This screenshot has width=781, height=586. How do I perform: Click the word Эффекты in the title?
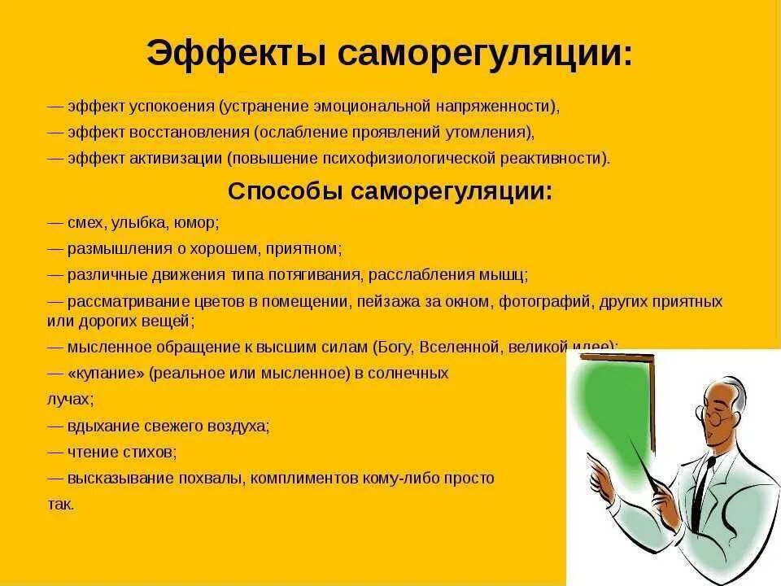click(x=237, y=52)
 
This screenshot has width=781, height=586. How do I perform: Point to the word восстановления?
click(x=190, y=133)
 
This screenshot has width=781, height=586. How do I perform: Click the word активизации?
click(x=176, y=159)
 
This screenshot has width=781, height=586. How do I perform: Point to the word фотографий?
click(x=547, y=302)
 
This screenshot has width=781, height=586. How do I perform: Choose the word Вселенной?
click(x=460, y=348)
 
